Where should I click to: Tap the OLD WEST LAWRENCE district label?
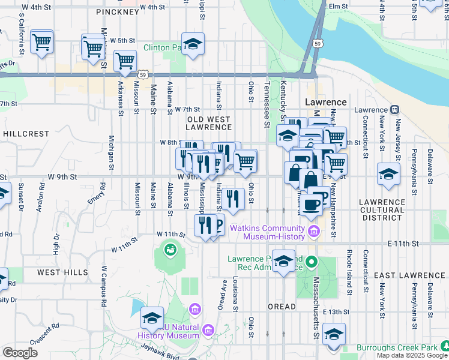click(x=208, y=124)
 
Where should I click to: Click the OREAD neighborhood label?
click(x=282, y=307)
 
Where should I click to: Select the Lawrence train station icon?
click(x=394, y=110)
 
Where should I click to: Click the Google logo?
click(x=20, y=353)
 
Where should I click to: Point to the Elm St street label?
click(x=338, y=6)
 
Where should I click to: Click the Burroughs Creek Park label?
click(x=396, y=347)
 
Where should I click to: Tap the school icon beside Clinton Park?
click(x=193, y=44)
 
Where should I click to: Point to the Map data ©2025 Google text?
click(x=411, y=355)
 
